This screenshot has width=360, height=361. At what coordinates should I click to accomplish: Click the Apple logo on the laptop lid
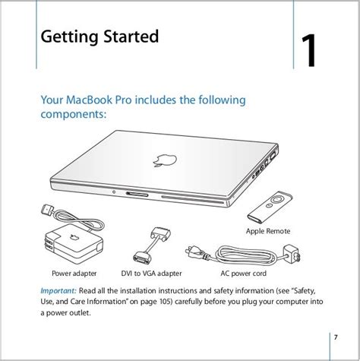pos(165,160)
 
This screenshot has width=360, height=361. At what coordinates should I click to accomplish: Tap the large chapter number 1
pos(309,51)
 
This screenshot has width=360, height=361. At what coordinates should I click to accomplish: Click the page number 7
pos(336,337)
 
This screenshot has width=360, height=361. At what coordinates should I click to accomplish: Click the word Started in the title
pos(131,36)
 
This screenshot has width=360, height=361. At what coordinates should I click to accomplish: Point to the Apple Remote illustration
pos(270,207)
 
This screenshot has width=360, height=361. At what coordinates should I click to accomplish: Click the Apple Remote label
pos(268,231)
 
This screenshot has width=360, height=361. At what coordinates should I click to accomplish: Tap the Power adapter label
pos(74,274)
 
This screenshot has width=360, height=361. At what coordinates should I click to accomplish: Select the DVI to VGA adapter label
pos(151,274)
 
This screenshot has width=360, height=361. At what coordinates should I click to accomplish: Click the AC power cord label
pos(243,274)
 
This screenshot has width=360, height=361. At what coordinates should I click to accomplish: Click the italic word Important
pos(58,290)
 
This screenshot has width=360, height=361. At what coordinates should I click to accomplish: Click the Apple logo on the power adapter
pos(74,237)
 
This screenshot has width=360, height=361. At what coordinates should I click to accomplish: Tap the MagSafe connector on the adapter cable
pos(48,210)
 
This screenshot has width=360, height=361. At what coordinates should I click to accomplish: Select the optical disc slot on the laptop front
pos(193,199)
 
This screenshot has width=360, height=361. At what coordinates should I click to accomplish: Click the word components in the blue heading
pos(74,115)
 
